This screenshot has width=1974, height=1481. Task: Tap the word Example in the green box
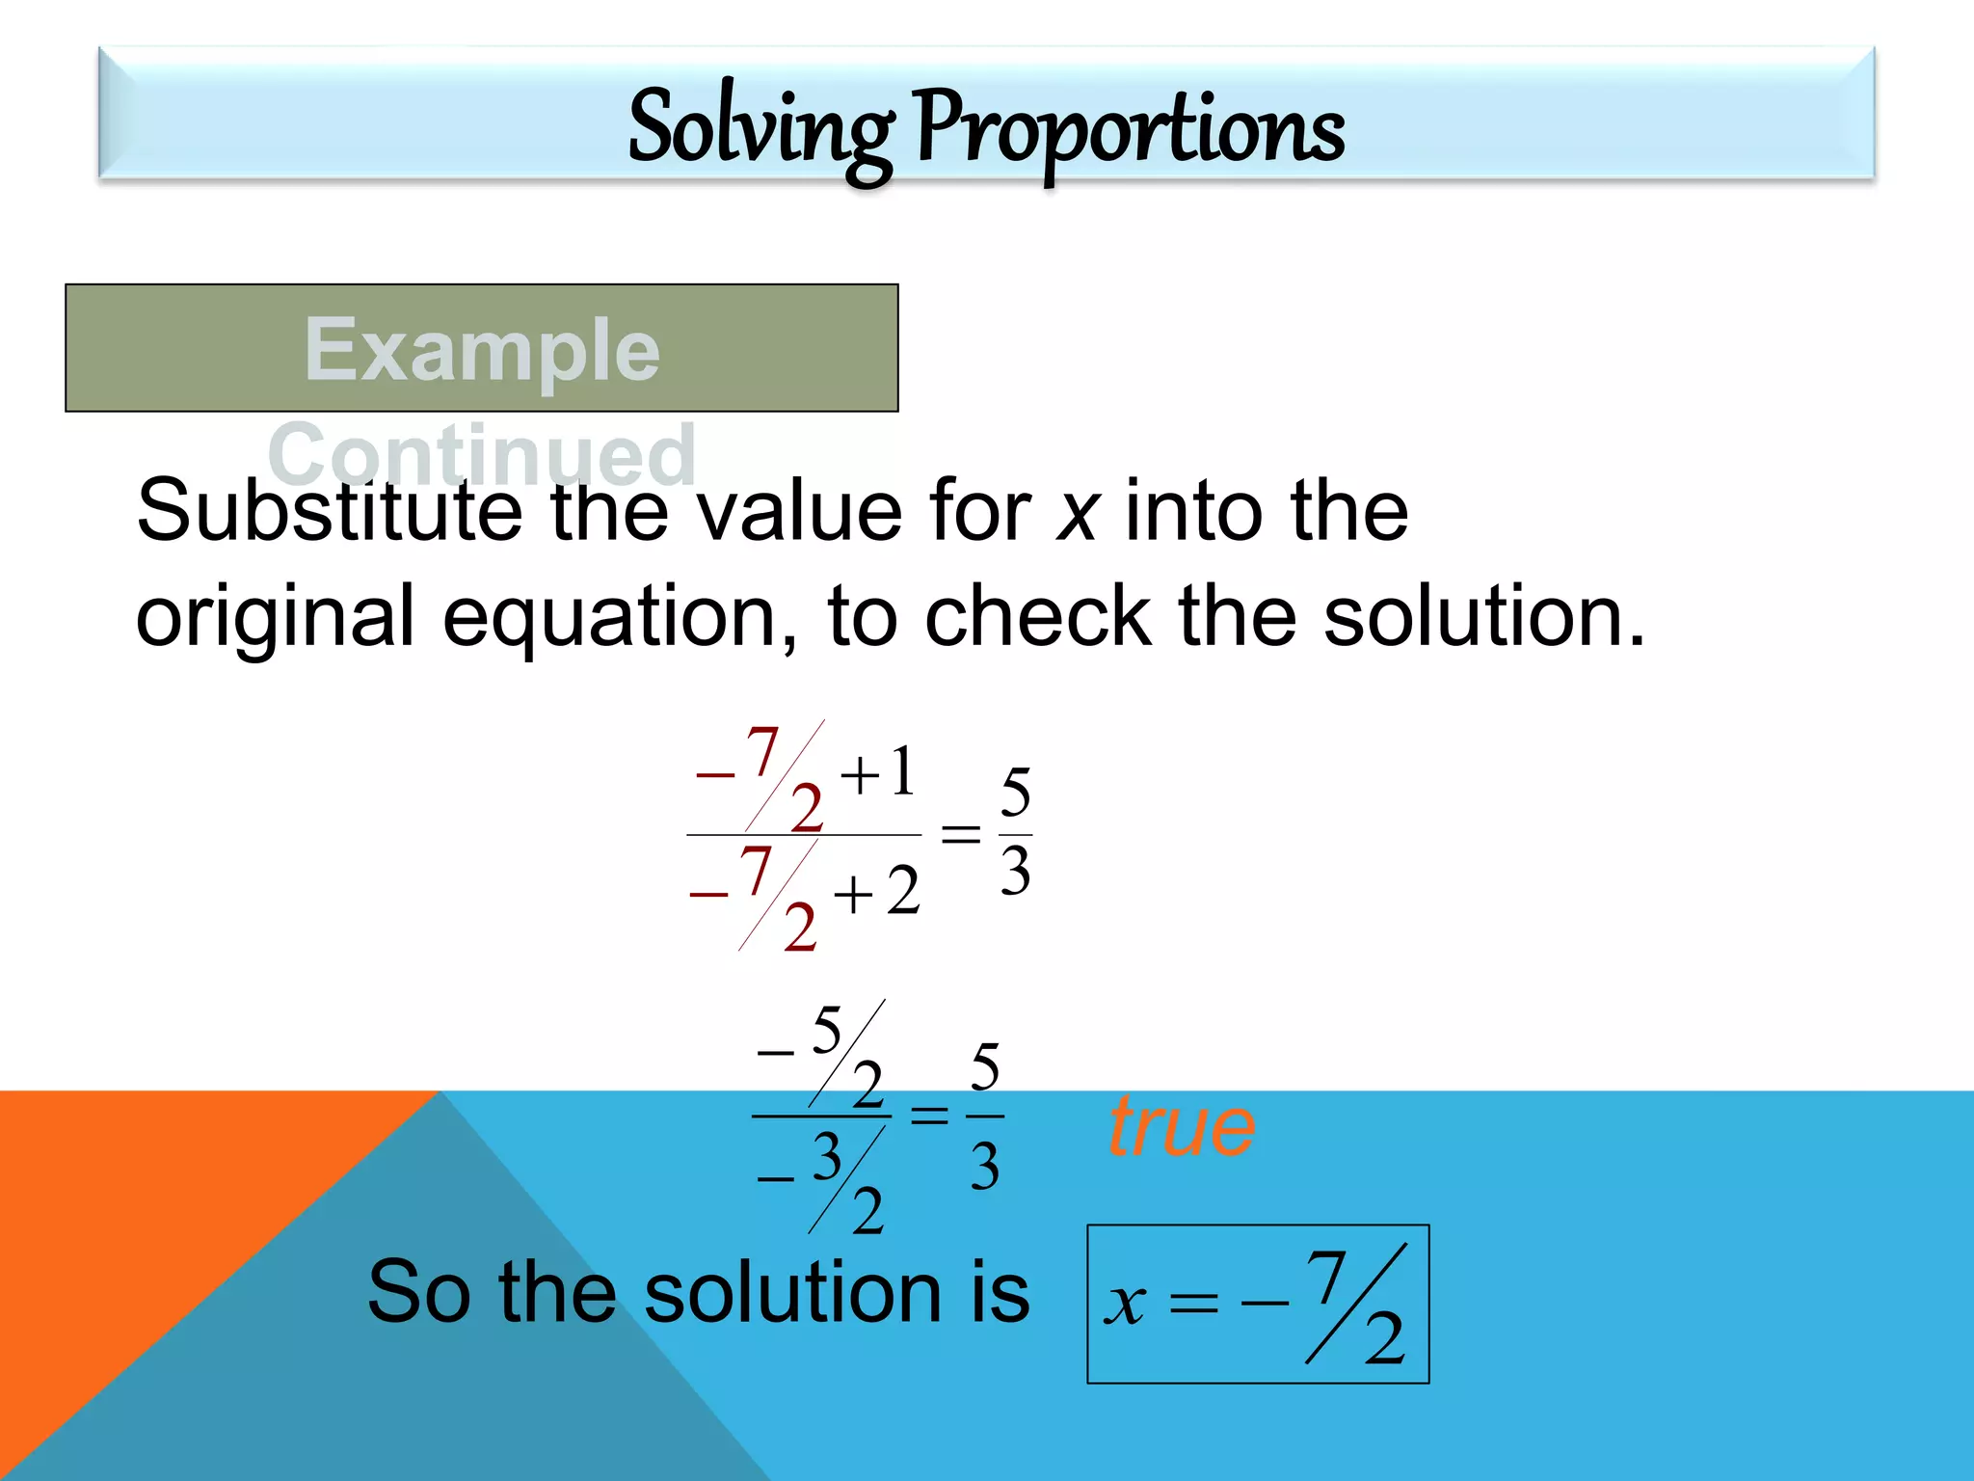pos(482,349)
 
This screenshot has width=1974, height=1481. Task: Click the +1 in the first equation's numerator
pos(878,773)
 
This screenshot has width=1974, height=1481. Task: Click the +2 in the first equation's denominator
pos(876,892)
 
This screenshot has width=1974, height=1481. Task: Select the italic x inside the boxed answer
pos(1125,1306)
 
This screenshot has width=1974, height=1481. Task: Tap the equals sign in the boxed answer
pos(1193,1305)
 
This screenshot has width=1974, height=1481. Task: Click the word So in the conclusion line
pos(418,1292)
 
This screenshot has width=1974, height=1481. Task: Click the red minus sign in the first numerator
pos(714,775)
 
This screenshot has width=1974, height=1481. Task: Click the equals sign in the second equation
pos(929,1116)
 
